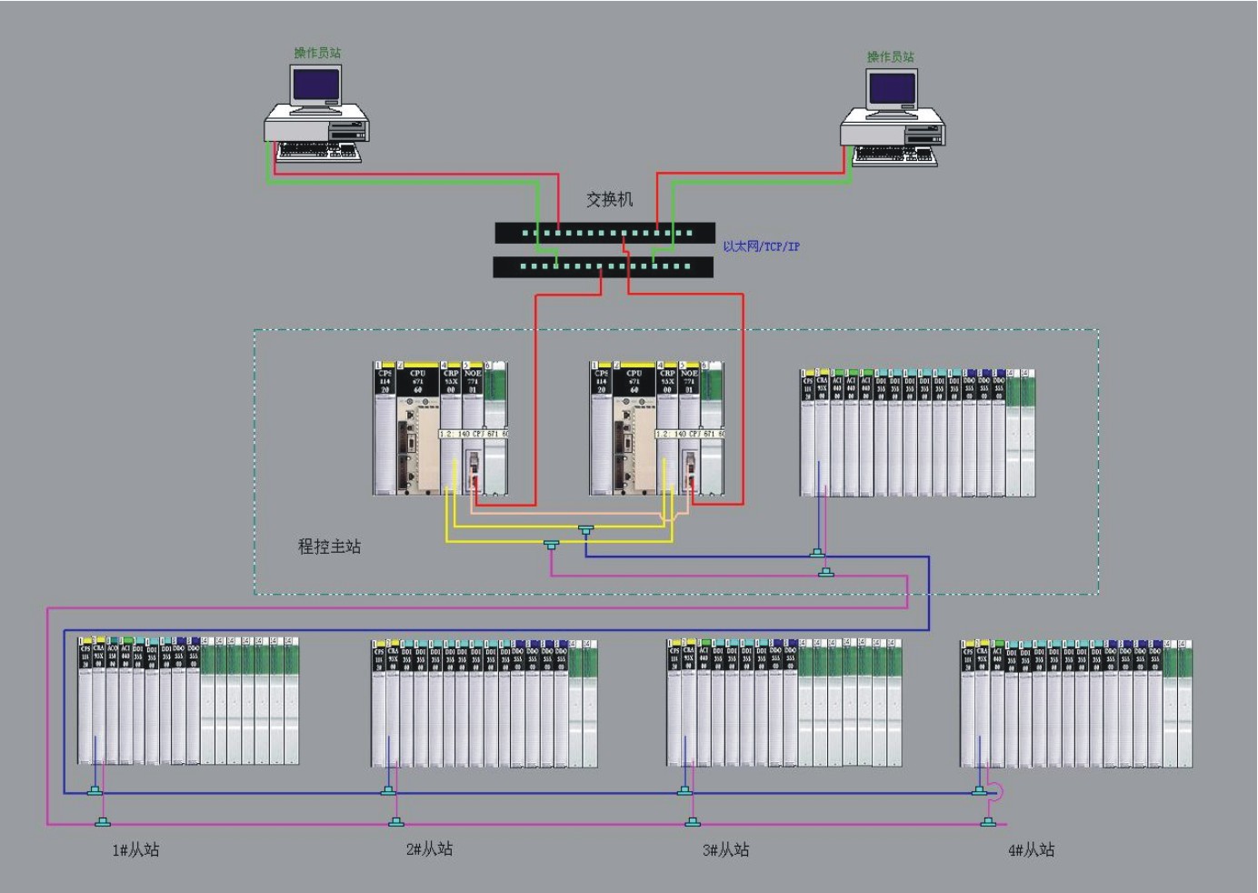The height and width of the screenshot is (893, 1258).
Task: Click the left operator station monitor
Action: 315,86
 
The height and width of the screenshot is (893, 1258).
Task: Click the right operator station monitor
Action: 892,91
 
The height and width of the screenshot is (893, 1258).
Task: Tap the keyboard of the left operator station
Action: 317,151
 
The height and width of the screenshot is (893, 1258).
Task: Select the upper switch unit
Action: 604,233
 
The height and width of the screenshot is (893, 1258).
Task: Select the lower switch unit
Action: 604,266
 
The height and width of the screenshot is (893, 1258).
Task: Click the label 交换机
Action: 609,199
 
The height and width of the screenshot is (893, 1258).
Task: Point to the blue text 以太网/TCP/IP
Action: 761,246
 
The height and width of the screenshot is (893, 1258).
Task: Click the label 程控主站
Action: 329,547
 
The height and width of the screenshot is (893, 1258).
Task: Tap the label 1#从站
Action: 135,850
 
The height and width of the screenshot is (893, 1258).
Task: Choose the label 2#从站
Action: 429,849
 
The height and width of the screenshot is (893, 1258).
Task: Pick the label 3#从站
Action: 725,850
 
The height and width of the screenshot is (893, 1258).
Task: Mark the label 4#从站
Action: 1031,850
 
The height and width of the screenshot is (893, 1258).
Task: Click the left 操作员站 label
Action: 317,53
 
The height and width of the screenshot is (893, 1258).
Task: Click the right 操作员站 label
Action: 890,56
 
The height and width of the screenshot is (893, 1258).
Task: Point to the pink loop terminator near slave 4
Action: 995,792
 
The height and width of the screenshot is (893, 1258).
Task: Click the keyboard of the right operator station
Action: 894,156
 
